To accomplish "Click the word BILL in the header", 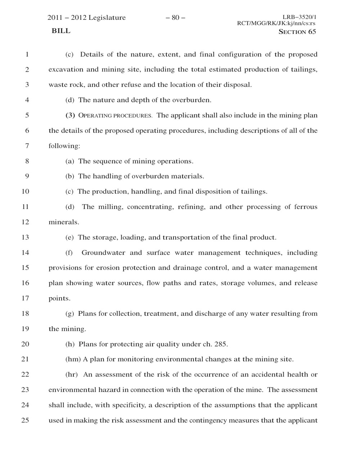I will coord(61,31).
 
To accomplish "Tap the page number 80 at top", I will coord(175,18).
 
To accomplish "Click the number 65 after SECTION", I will coord(312,32).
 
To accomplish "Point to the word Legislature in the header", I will coord(107,18).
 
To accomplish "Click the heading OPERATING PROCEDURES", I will coord(115,116).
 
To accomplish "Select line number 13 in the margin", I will coord(25,237).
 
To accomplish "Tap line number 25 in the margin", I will coord(25,420).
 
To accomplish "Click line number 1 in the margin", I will coord(27,55).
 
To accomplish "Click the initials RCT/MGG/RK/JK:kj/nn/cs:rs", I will coord(276,23).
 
